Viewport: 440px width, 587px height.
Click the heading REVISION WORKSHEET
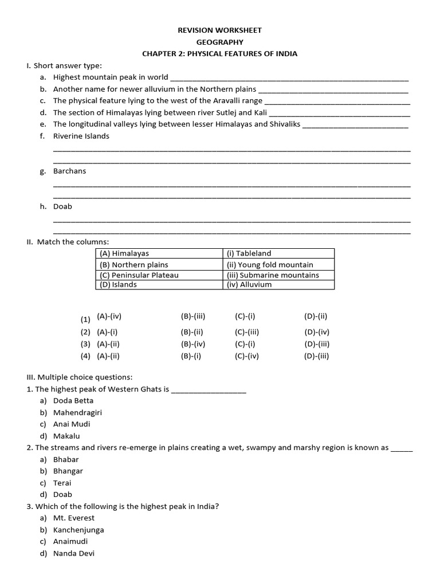[220, 30]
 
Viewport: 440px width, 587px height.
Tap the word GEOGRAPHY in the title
[220, 42]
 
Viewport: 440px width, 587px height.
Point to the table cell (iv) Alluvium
[249, 284]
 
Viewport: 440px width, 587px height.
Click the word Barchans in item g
[69, 171]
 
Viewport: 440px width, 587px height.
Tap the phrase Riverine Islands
[81, 136]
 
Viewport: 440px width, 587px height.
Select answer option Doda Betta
[73, 401]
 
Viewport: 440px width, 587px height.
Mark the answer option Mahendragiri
[77, 412]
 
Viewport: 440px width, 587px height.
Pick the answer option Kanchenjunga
[78, 530]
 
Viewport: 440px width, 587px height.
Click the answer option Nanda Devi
[74, 553]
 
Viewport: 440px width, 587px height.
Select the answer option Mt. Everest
[74, 518]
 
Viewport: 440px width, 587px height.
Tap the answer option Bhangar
[68, 471]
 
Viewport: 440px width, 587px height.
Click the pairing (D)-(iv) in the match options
[317, 332]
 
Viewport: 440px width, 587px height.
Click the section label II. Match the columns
[68, 242]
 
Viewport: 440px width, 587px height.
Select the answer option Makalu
[66, 436]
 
